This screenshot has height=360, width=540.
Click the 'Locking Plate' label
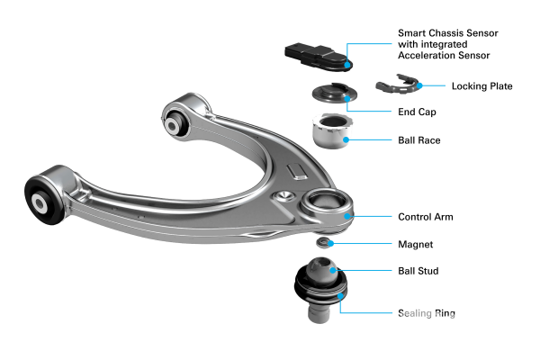(x=481, y=86)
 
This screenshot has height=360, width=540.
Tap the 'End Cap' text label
(x=417, y=112)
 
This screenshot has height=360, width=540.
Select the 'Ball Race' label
(x=419, y=140)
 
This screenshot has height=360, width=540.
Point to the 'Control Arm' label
(x=426, y=217)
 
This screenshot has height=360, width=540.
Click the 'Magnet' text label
(x=415, y=244)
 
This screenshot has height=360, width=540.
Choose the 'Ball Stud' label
(x=418, y=271)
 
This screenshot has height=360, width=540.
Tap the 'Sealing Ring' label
(x=427, y=313)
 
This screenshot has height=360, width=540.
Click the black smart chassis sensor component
(x=319, y=58)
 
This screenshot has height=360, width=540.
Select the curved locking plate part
(x=399, y=84)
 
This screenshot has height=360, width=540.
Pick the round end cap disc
(x=335, y=93)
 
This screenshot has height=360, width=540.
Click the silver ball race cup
(x=332, y=130)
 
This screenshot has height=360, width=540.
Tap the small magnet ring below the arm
(x=323, y=242)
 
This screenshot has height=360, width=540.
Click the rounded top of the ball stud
(x=321, y=270)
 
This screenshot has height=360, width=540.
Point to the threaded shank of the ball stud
(x=319, y=311)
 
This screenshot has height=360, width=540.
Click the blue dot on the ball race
(x=346, y=139)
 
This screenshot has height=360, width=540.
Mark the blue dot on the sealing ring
(x=340, y=295)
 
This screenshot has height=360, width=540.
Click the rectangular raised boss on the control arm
(x=297, y=172)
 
